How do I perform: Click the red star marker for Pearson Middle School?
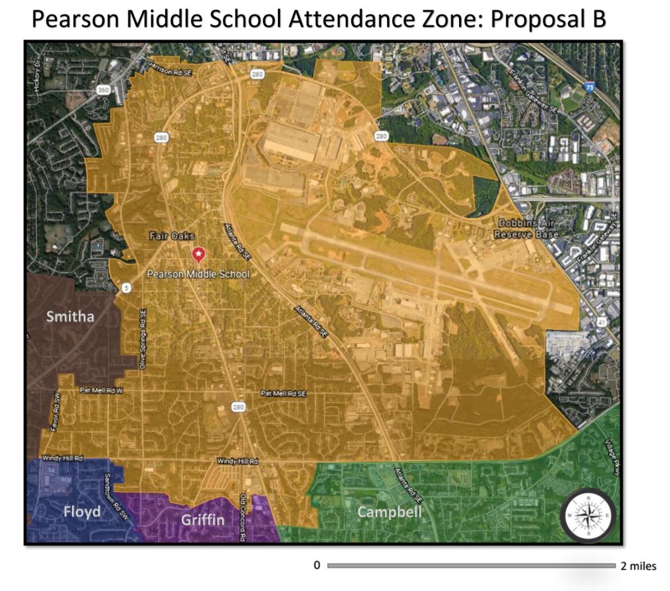point(198,254)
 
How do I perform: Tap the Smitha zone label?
point(70,317)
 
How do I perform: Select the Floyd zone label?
point(82,512)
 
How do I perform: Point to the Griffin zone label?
point(202,520)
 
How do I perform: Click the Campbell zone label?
point(389,512)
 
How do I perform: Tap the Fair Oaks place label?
point(172,236)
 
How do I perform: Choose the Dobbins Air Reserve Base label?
point(526,228)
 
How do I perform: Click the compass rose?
point(588,515)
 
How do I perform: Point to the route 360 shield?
point(103,90)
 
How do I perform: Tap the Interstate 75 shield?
point(589,87)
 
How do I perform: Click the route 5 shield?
point(126,288)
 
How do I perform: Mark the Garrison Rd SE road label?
point(170,70)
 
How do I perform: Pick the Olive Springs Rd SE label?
point(143,339)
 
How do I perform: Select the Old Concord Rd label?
point(243,517)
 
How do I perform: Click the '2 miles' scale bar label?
point(638,566)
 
